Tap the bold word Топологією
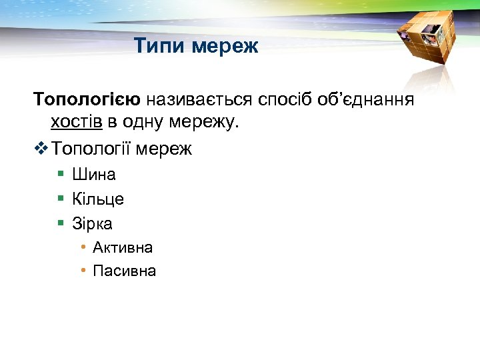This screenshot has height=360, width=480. (87, 100)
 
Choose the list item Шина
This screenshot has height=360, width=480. (94, 175)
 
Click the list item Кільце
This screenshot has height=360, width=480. (98, 199)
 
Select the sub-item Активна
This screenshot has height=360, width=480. (123, 247)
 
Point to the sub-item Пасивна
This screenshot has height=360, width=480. (125, 271)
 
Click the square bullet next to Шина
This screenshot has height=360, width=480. (60, 174)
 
